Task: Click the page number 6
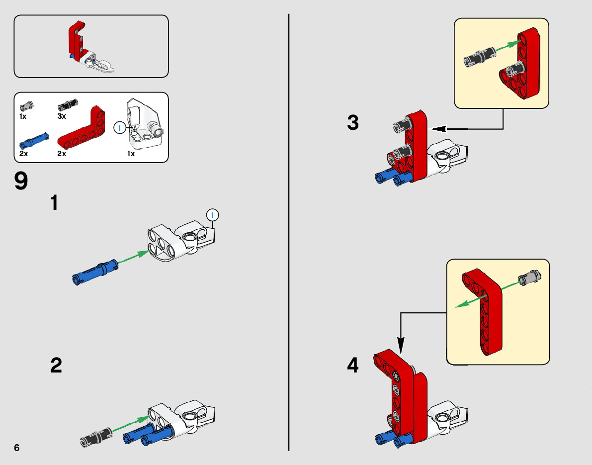pos(17,447)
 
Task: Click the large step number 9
pos(21,181)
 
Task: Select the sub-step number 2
pos(56,366)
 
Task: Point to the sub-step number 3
pos(353,123)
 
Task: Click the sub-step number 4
pos(352,366)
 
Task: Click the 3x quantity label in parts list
pos(62,116)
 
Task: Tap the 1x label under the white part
pos(131,154)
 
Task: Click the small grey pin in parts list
pos(26,105)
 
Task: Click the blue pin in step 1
pos(95,271)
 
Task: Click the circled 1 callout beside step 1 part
pos(212,215)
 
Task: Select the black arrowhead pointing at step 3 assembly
pos(437,129)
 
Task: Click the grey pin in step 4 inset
pos(531,278)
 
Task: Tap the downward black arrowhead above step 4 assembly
pos(401,343)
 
